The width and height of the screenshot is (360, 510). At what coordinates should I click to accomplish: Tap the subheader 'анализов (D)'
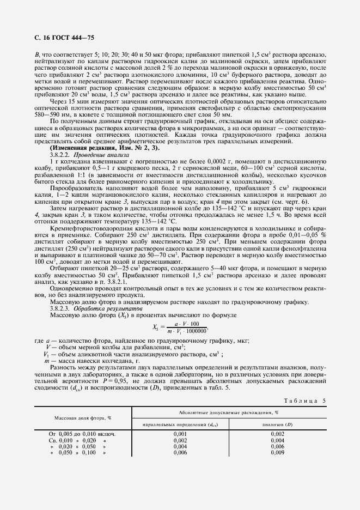pos(278,424)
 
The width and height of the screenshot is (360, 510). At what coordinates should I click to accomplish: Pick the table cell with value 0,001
pos(180,434)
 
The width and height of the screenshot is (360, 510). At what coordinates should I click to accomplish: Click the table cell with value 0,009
pos(278,452)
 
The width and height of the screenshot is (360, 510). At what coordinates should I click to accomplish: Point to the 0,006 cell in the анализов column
pos(278,446)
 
